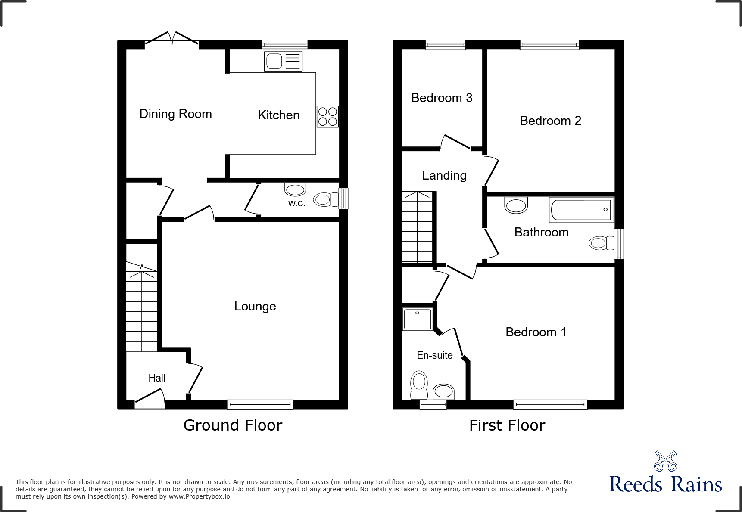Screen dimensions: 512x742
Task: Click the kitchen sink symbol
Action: coord(283,62)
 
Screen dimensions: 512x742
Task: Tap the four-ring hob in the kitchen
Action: coord(327,116)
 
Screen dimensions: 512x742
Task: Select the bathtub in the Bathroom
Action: coord(581,210)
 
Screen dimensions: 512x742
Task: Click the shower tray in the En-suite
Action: coord(418,319)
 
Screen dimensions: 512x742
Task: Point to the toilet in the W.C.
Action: coord(326,199)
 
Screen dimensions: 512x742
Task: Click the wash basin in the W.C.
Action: coord(295,189)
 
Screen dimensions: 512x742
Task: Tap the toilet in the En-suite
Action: coord(419,385)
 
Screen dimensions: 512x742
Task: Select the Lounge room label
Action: coord(255,307)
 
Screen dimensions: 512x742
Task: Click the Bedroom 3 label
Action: coord(442,98)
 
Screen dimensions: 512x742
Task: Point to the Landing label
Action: coord(444,176)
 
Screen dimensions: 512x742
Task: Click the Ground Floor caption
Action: coord(233,425)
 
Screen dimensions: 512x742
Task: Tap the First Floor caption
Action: coord(507,425)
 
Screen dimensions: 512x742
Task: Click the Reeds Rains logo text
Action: coord(665,484)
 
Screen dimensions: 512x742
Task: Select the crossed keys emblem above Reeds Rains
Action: coord(665,461)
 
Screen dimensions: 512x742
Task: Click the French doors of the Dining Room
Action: coord(172,39)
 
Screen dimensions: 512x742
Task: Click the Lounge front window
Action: coord(260,404)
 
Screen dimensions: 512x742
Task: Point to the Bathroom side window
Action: coord(619,243)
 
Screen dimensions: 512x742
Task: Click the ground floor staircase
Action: coord(141,306)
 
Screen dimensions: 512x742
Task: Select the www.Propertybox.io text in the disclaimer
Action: coord(199,497)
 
